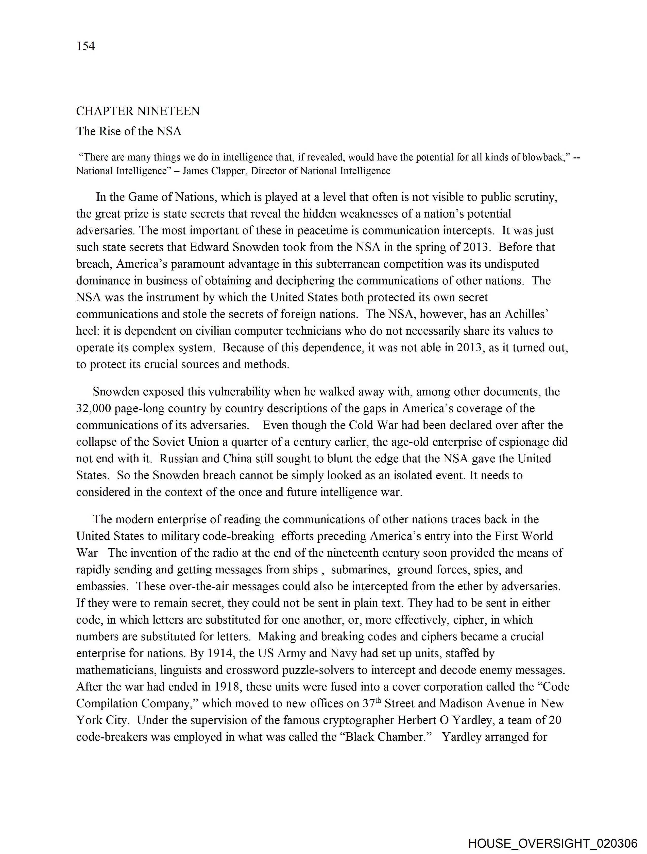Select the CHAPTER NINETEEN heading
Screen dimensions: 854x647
[x=138, y=111]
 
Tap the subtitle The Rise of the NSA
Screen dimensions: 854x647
[x=128, y=131]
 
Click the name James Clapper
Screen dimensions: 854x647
[x=214, y=171]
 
